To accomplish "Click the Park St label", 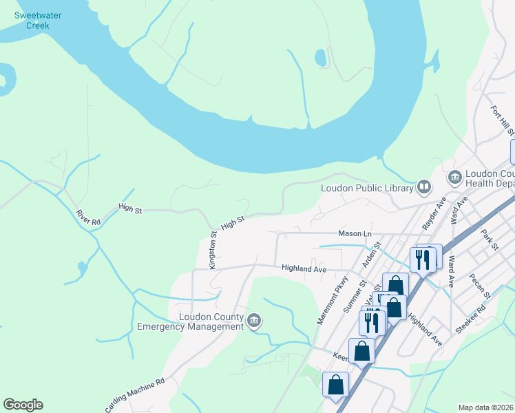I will tap(490, 239).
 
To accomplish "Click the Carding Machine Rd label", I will tap(135, 394).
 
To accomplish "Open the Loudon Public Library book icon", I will tap(425, 187).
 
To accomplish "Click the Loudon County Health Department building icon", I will tap(454, 178).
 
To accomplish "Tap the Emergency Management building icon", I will tap(254, 320).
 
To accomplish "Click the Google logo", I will tap(23, 405).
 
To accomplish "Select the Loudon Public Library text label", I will tap(367, 188).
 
